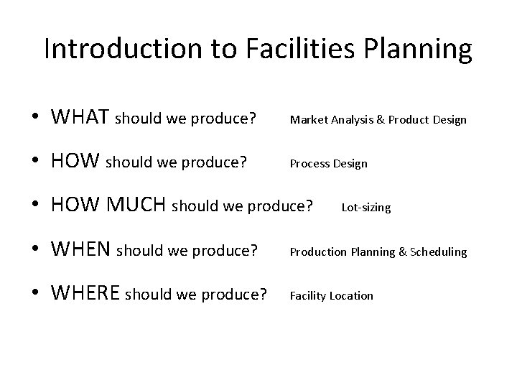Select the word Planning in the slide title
coord(420,49)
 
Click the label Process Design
coord(328,164)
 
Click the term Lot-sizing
coord(366,208)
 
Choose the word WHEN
coord(81,250)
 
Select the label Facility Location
coord(331,295)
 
